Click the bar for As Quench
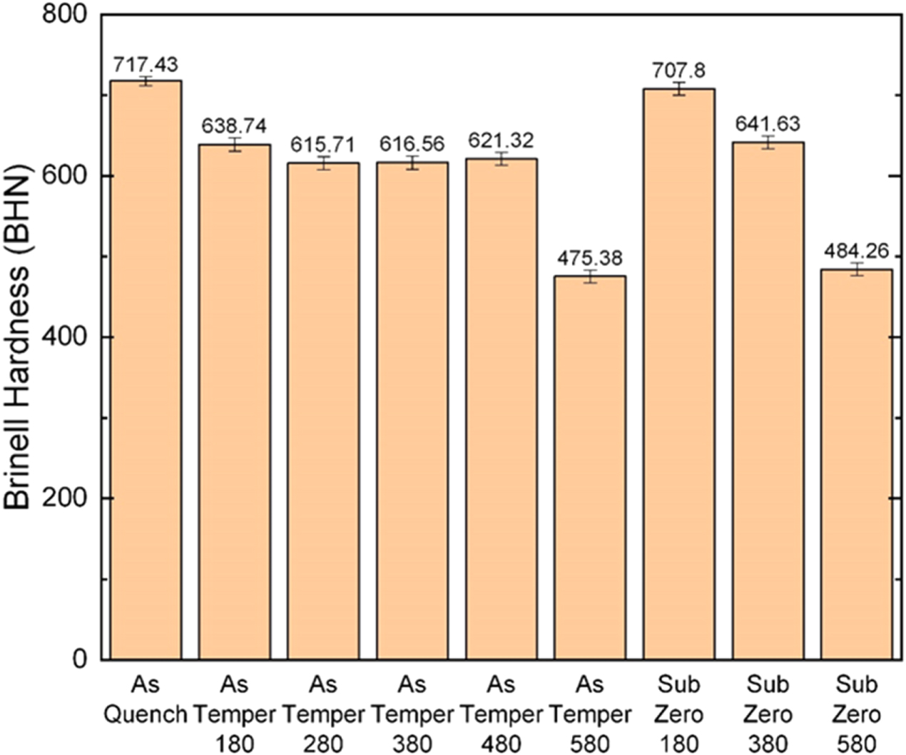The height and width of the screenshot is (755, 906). [146, 371]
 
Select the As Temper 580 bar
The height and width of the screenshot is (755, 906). [590, 468]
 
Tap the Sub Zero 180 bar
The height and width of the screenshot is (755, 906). [679, 374]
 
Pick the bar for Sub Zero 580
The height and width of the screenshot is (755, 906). [856, 464]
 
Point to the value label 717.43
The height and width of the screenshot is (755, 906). [146, 65]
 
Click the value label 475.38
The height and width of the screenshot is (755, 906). [590, 258]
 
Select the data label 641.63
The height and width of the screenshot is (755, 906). [768, 123]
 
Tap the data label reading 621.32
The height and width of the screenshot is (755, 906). [501, 140]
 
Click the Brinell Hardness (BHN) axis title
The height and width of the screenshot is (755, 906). [19, 337]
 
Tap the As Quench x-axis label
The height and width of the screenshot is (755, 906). [146, 699]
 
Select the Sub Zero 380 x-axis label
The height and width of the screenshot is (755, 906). [768, 714]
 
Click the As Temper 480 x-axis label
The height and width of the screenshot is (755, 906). [501, 714]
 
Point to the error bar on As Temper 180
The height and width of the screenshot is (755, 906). [234, 145]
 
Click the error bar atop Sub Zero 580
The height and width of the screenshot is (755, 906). [856, 269]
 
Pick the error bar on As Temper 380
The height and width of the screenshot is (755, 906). [412, 163]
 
